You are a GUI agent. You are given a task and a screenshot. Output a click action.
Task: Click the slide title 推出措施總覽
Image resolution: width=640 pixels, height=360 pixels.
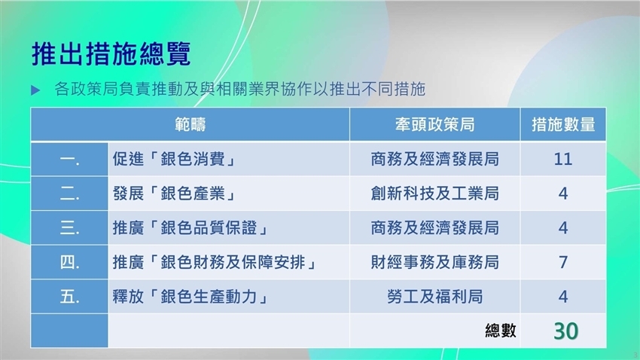pyautogui.click(x=111, y=53)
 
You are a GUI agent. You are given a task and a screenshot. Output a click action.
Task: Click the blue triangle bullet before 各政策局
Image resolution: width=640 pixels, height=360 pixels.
pyautogui.click(x=35, y=90)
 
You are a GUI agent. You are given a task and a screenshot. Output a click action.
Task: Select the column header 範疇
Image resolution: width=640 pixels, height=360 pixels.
pyautogui.click(x=190, y=124)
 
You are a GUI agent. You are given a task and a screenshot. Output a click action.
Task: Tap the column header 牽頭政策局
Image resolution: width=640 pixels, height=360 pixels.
pyautogui.click(x=434, y=124)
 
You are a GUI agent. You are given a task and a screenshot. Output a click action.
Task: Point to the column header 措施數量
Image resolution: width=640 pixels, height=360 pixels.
pyautogui.click(x=563, y=124)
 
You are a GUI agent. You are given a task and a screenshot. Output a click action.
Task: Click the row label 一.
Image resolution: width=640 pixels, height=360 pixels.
pyautogui.click(x=69, y=160)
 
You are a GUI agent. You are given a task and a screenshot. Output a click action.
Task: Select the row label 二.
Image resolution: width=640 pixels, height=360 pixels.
pyautogui.click(x=69, y=194)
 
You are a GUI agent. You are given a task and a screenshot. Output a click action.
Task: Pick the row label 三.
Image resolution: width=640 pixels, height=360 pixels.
pyautogui.click(x=69, y=227)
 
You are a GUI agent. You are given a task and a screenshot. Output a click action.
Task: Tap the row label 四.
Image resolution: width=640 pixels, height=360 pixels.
pyautogui.click(x=69, y=262)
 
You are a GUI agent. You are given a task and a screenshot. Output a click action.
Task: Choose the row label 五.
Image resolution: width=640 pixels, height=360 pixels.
pyautogui.click(x=69, y=297)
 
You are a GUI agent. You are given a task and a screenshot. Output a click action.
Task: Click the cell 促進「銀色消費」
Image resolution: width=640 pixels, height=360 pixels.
pyautogui.click(x=174, y=159)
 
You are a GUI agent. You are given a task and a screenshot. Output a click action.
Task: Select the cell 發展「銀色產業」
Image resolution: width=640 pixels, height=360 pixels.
pyautogui.click(x=174, y=194)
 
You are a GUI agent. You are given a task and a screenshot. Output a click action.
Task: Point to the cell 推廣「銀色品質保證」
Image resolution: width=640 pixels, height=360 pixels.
pyautogui.click(x=190, y=227)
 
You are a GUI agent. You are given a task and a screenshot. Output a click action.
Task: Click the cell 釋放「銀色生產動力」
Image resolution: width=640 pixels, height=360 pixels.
pyautogui.click(x=190, y=297)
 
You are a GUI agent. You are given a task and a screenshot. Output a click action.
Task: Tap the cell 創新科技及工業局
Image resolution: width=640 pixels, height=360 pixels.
pyautogui.click(x=434, y=194)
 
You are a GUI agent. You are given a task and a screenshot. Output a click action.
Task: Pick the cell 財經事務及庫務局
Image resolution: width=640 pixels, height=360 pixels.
pyautogui.click(x=434, y=262)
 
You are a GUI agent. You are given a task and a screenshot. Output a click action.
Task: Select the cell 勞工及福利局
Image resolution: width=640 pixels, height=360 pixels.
pyautogui.click(x=434, y=297)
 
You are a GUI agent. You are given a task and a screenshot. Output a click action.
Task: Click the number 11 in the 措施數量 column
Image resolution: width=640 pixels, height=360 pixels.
pyautogui.click(x=563, y=159)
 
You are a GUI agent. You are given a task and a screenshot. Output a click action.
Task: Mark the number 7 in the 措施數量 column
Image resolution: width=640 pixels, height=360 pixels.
pyautogui.click(x=563, y=262)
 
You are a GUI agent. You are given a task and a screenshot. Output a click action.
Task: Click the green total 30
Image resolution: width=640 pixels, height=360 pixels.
pyautogui.click(x=565, y=331)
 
